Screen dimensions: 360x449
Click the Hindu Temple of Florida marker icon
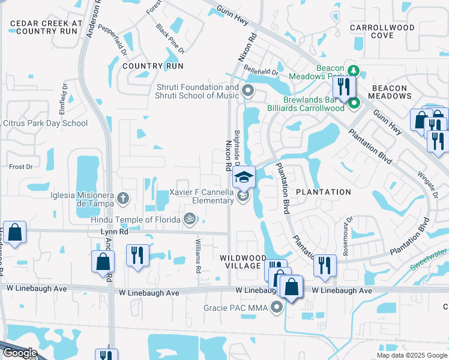(190, 219)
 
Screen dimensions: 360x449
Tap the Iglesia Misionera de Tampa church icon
(122, 197)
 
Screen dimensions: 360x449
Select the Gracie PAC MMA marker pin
(277, 308)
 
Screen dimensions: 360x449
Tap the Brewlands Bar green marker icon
(354, 103)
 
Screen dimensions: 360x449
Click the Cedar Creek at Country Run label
(44, 27)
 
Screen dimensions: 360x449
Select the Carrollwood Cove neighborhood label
(382, 31)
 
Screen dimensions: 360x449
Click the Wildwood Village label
(240, 262)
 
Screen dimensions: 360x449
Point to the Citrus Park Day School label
(46, 124)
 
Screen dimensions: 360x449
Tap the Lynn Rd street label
(115, 231)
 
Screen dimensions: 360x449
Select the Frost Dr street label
(20, 166)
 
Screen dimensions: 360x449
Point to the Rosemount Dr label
(347, 236)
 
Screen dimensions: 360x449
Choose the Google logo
(20, 353)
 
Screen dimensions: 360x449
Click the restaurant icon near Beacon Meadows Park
(344, 87)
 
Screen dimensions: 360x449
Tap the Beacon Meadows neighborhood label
(397, 92)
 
